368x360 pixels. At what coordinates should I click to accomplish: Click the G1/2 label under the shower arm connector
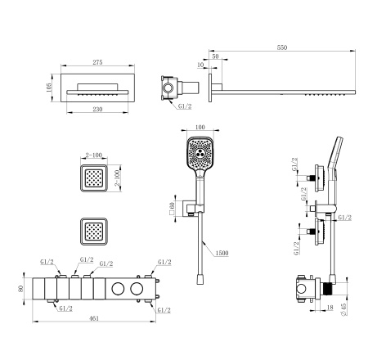(184, 106)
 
